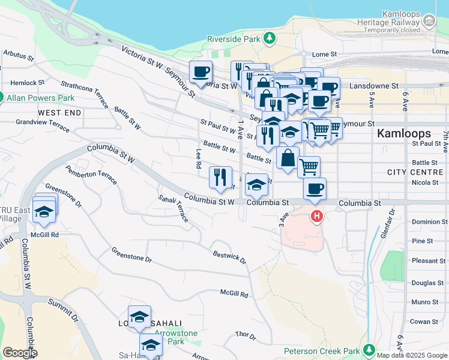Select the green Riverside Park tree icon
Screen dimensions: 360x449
click(270, 39)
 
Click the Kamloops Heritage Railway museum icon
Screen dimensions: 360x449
click(429, 22)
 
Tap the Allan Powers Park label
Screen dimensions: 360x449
click(40, 98)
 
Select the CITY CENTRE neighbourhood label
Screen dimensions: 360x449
click(415, 172)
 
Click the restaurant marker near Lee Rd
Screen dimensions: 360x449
click(220, 176)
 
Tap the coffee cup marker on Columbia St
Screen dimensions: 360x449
click(315, 189)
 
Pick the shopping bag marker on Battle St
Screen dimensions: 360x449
click(288, 158)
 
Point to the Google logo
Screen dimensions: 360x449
click(20, 353)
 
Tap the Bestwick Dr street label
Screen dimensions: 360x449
click(230, 257)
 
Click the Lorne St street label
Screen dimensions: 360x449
click(324, 54)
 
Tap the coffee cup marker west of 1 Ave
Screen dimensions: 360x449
click(200, 73)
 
